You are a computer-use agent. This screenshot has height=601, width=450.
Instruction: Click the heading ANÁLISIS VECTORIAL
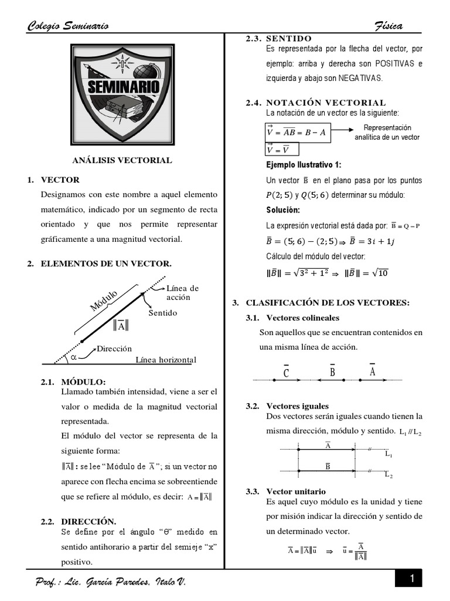[122, 160]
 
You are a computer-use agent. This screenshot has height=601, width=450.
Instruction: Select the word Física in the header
[388, 25]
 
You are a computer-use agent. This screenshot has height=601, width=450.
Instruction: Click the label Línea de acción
[182, 292]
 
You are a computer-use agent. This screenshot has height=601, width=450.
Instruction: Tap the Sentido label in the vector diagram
[162, 313]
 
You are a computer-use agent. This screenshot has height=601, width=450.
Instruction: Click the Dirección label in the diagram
[114, 348]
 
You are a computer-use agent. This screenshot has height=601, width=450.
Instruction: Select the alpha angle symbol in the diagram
[73, 356]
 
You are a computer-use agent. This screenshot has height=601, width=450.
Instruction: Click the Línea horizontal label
[165, 360]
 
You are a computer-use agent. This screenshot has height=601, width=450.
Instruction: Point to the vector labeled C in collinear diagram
[286, 373]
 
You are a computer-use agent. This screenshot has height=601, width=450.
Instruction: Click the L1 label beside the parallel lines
[389, 454]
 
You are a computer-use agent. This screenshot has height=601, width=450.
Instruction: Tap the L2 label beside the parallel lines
[389, 475]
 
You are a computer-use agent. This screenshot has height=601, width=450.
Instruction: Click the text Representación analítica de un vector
[387, 132]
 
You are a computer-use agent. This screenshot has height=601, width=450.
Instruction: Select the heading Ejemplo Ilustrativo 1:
[304, 165]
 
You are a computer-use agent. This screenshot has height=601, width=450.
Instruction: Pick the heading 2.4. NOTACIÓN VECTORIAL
[316, 103]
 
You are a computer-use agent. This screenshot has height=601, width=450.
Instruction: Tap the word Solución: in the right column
[283, 210]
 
